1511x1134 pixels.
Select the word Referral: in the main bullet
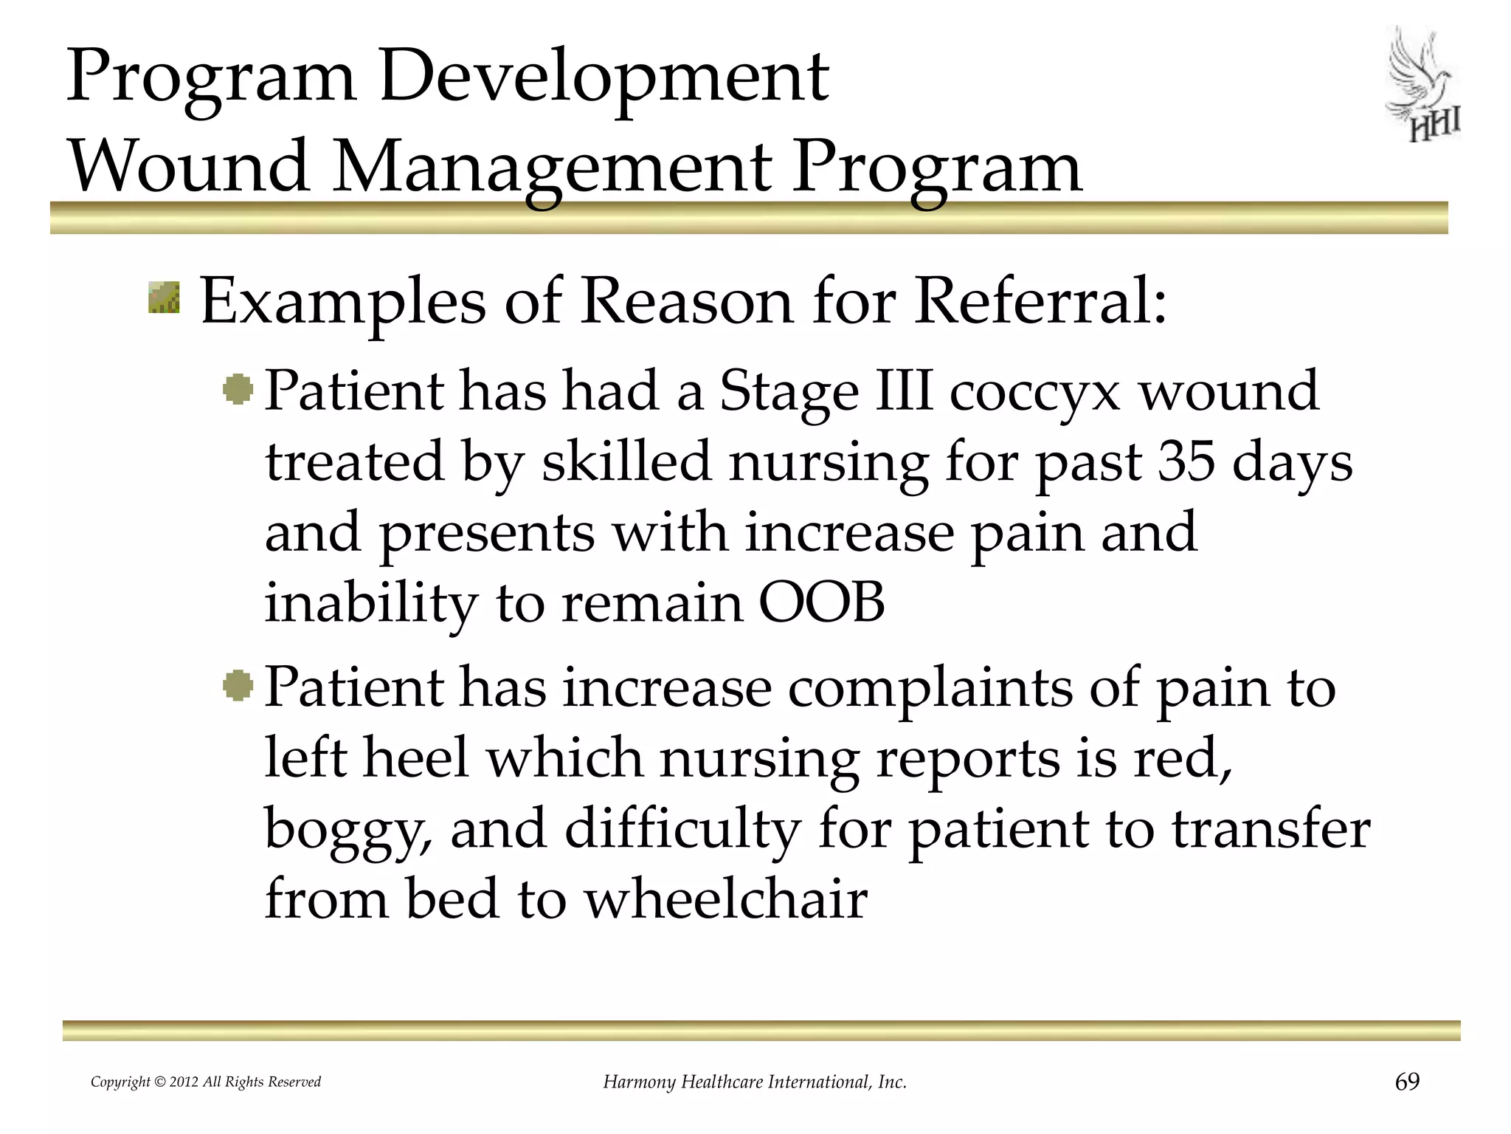(1040, 302)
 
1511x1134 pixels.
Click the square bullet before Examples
(164, 297)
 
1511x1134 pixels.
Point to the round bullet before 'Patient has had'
(238, 389)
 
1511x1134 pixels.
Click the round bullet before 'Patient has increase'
(238, 686)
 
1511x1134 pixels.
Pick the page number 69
(1407, 1082)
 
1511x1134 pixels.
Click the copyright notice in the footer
(206, 1082)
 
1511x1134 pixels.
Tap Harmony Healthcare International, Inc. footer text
(755, 1082)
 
